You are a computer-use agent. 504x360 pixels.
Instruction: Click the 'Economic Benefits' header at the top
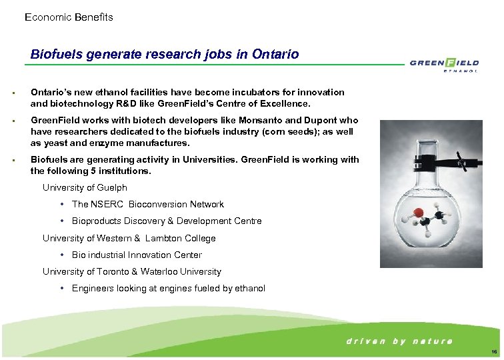click(x=69, y=17)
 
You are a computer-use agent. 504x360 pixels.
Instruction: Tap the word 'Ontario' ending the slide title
click(x=276, y=54)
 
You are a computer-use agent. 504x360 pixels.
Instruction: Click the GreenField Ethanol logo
click(x=443, y=65)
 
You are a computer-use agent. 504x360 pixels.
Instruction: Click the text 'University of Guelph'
click(x=85, y=187)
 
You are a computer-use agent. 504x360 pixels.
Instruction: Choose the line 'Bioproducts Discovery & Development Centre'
click(x=167, y=221)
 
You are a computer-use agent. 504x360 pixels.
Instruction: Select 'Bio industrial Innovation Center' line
click(x=137, y=255)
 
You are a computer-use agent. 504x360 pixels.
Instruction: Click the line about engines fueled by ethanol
click(x=168, y=289)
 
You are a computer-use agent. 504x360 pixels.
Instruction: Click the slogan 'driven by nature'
click(x=399, y=341)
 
